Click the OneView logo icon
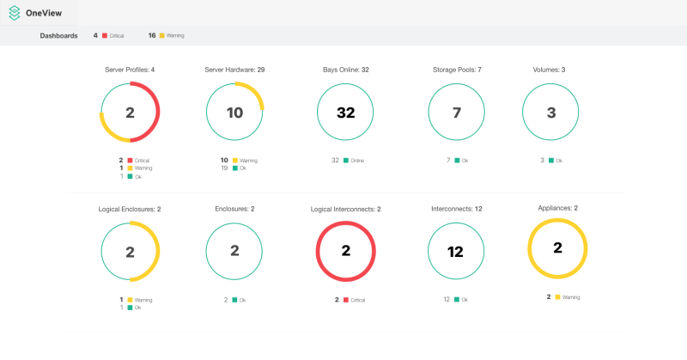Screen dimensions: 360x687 point(15,13)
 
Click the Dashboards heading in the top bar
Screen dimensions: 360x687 point(58,35)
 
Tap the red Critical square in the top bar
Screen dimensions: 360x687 point(105,35)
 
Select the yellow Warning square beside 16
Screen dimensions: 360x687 point(161,35)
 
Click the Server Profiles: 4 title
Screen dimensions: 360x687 point(130,70)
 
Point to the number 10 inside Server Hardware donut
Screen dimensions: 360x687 point(234,113)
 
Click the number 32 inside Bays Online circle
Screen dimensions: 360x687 point(345,113)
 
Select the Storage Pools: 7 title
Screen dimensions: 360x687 point(456,70)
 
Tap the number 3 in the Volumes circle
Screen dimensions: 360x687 point(551,113)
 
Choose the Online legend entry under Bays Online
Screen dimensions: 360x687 point(355,160)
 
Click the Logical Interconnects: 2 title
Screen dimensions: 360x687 point(345,209)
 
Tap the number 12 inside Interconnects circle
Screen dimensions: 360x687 point(456,252)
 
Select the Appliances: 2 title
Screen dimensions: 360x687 point(557,208)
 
